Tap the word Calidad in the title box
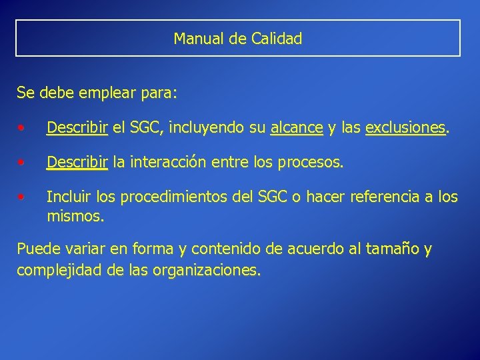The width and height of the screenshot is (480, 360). (277, 39)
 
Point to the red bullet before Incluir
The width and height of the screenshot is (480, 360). (23, 197)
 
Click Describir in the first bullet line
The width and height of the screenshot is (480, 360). (77, 127)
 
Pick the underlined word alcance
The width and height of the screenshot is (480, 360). (297, 127)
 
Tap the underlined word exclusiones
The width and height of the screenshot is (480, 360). (405, 127)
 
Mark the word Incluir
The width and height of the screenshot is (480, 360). (68, 197)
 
